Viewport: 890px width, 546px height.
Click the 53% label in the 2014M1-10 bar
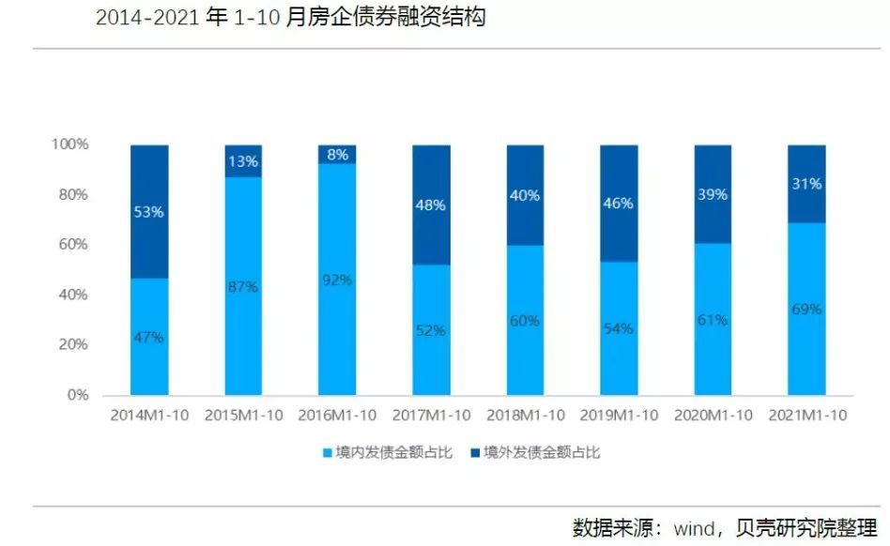tap(149, 212)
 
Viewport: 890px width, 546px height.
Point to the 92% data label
tap(337, 280)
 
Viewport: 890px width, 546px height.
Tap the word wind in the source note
tap(695, 527)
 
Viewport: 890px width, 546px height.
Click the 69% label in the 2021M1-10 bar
tap(806, 309)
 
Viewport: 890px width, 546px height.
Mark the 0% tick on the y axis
tap(78, 395)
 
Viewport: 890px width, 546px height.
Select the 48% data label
tap(431, 204)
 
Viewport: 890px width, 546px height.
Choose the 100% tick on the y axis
tap(69, 144)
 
